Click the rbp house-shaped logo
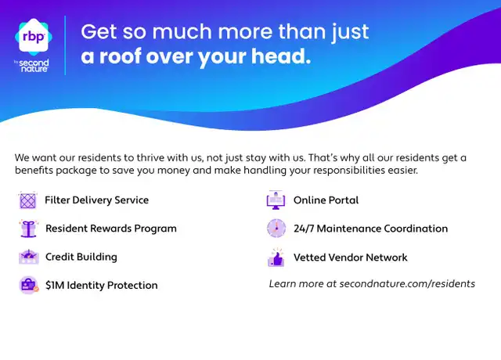[34, 37]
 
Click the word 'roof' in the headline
[120, 56]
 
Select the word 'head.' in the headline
[281, 56]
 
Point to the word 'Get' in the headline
[99, 31]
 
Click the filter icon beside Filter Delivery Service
[28, 200]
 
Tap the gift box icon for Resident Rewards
[28, 229]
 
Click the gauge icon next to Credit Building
[29, 257]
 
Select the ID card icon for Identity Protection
[29, 285]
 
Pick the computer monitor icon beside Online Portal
[276, 200]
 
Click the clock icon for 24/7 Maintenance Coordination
[276, 229]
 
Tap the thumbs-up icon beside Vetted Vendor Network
[276, 257]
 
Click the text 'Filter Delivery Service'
[97, 200]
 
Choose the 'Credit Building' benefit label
[81, 257]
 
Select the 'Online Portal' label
[326, 200]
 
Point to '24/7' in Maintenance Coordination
[304, 229]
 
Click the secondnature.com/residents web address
[407, 284]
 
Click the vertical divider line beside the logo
[65, 45]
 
